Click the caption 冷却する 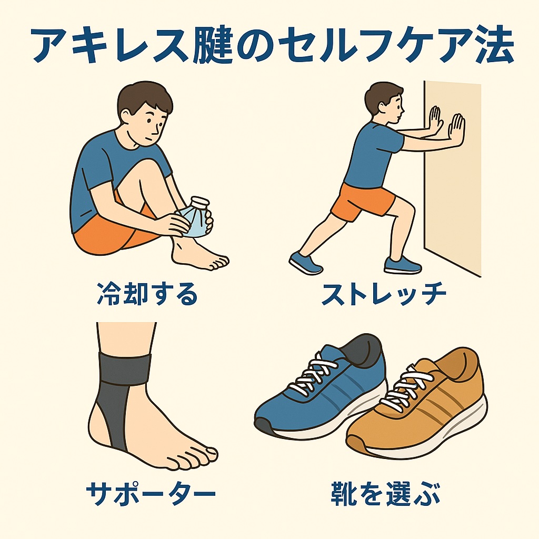click(147, 294)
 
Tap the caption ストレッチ click(384, 294)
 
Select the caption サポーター click(151, 494)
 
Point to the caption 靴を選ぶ click(385, 494)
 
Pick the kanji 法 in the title click(493, 45)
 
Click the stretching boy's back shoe click(305, 263)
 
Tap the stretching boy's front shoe click(402, 265)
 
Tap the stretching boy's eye click(398, 105)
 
